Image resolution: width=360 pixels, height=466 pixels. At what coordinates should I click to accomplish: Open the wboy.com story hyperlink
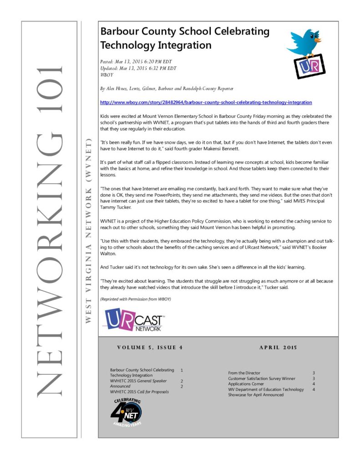(x=206, y=103)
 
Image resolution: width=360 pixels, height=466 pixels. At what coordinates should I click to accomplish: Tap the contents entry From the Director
(x=244, y=373)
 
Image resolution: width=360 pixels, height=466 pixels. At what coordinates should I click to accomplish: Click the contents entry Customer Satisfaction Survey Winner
(x=261, y=378)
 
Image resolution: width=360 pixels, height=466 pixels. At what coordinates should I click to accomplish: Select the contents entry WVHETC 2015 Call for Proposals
(x=139, y=392)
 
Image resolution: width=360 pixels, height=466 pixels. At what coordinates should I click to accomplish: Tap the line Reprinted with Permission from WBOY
(x=135, y=299)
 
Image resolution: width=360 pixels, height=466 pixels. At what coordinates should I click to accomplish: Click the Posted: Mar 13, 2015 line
(x=136, y=61)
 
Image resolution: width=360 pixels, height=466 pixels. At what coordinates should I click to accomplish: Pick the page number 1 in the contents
(x=182, y=370)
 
